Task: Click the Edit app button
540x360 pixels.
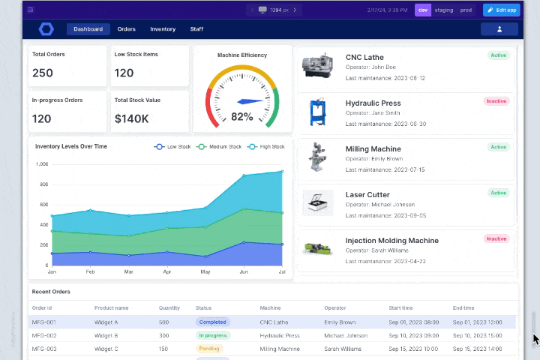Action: coord(501,10)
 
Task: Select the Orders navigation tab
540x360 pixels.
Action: coord(126,29)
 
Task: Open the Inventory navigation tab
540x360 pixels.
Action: coord(163,29)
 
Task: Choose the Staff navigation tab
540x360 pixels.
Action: coord(196,29)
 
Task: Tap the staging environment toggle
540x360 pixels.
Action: coord(444,10)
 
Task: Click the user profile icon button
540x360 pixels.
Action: coord(499,29)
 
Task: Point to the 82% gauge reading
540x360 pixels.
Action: coord(241,116)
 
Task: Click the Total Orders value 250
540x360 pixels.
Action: coord(43,73)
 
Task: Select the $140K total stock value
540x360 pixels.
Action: coord(132,118)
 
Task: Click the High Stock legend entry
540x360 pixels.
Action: coord(267,147)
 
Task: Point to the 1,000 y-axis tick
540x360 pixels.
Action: coord(42,163)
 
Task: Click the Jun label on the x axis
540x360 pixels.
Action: coord(244,271)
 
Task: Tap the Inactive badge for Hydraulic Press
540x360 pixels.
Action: coord(496,101)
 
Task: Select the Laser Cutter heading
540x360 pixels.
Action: coord(367,195)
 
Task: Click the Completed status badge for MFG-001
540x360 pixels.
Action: coord(212,322)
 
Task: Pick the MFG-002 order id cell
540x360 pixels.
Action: coord(43,335)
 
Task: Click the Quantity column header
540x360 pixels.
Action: coord(169,308)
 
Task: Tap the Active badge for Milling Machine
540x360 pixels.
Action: coord(498,147)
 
